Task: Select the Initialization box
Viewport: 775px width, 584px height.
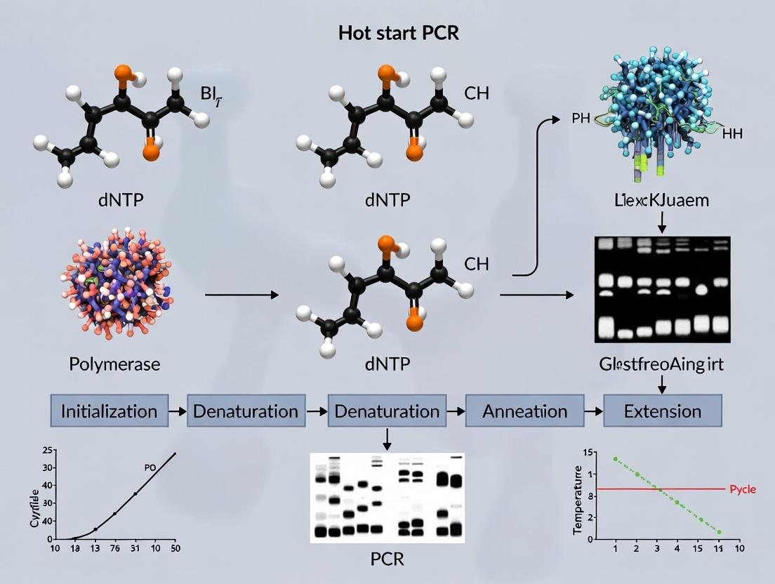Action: pos(109,411)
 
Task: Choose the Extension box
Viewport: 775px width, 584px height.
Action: pos(662,411)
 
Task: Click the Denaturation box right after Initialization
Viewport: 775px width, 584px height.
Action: pos(246,411)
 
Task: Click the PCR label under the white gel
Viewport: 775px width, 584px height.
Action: pos(387,559)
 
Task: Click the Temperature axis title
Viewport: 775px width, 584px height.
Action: pos(578,500)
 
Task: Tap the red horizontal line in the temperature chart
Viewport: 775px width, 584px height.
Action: pos(660,489)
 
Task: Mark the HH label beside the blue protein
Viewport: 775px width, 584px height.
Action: pos(732,133)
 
